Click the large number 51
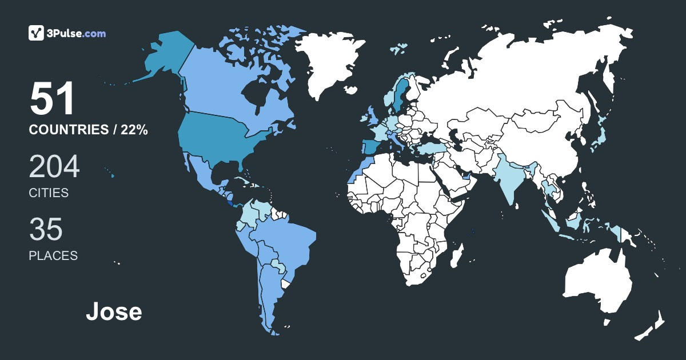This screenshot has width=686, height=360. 52,99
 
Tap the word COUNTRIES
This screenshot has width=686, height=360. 68,130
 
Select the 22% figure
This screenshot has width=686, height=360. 134,130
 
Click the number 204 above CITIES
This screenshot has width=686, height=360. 54,167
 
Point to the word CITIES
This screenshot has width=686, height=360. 49,193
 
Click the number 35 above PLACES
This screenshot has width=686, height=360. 46,229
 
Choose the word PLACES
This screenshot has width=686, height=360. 53,256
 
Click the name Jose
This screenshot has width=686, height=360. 114,312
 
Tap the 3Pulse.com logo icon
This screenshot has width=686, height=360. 37,33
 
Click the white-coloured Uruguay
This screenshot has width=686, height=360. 286,284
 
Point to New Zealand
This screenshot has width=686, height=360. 652,326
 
